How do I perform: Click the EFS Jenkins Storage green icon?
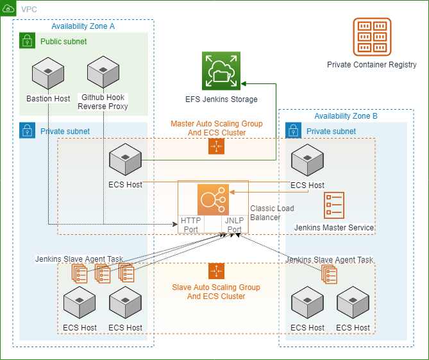pyautogui.click(x=221, y=71)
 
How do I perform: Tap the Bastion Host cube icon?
pyautogui.click(x=48, y=73)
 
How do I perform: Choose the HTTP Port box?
pyautogui.click(x=190, y=224)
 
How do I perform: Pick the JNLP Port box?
pyautogui.click(x=233, y=224)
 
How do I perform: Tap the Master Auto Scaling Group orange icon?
pyautogui.click(x=216, y=146)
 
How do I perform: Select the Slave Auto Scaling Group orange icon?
pyautogui.click(x=216, y=271)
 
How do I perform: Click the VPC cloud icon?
pyautogui.click(x=10, y=10)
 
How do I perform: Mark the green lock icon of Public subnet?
pyautogui.click(x=27, y=41)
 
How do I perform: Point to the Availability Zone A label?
pyautogui.click(x=83, y=26)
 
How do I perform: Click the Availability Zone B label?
pyautogui.click(x=346, y=116)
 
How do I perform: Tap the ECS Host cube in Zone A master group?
pyautogui.click(x=125, y=160)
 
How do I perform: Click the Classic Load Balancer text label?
pyautogui.click(x=272, y=212)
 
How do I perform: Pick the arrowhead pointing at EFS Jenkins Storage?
pyautogui.click(x=244, y=83)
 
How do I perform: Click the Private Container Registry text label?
pyautogui.click(x=372, y=65)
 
